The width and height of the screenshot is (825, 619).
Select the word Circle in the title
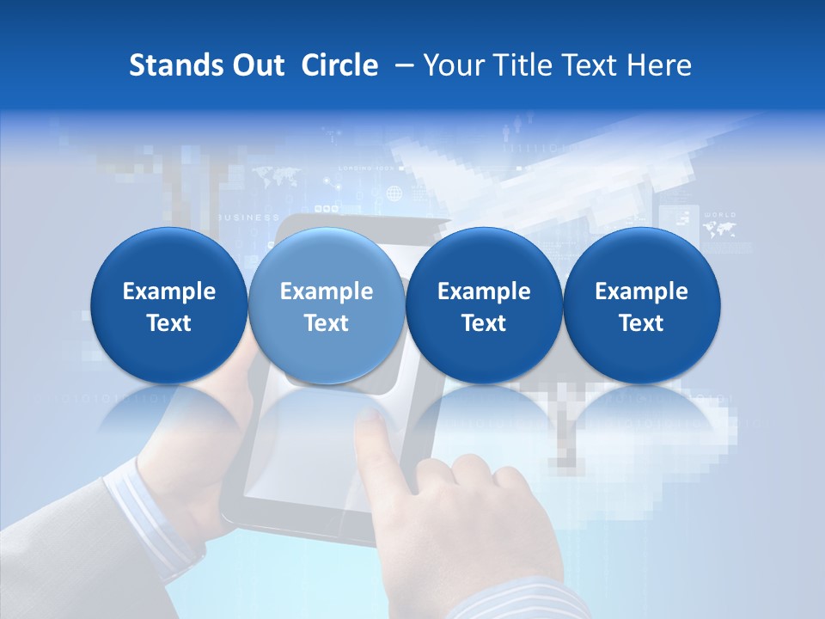tap(339, 65)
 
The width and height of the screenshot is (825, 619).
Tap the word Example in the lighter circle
tap(327, 291)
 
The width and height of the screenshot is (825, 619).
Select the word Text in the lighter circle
tap(327, 323)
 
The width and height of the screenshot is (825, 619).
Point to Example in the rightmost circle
tap(642, 291)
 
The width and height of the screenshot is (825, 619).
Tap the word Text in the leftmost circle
tap(169, 323)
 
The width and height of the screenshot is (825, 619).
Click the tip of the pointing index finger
tap(370, 418)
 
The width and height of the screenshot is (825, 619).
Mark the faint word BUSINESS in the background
tap(249, 218)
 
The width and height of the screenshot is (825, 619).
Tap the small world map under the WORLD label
tap(718, 229)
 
